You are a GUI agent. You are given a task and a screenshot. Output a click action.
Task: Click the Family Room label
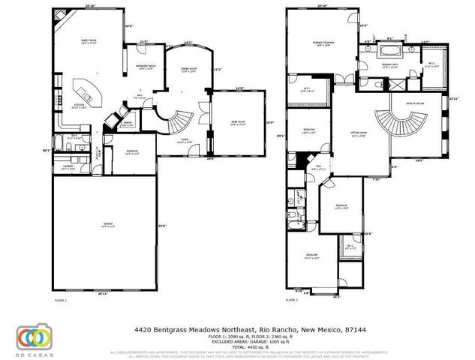(x=93, y=43)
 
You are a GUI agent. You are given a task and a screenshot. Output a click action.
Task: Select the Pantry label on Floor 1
(x=128, y=124)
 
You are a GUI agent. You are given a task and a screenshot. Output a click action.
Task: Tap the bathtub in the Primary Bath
(x=391, y=52)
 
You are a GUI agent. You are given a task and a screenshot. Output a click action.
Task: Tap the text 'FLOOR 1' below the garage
(x=61, y=299)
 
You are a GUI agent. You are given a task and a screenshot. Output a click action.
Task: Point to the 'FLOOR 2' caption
(x=291, y=299)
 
